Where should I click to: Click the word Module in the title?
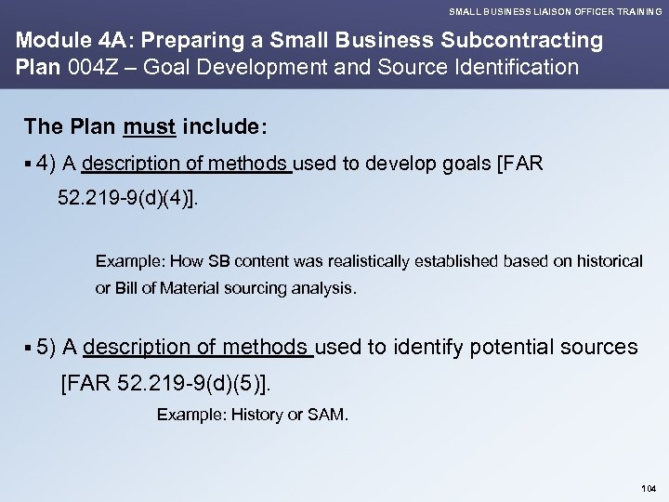pos(48,42)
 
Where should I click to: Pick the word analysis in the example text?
pos(325,288)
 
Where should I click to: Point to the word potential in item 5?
pos(511,348)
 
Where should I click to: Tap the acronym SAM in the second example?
pos(330,414)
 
